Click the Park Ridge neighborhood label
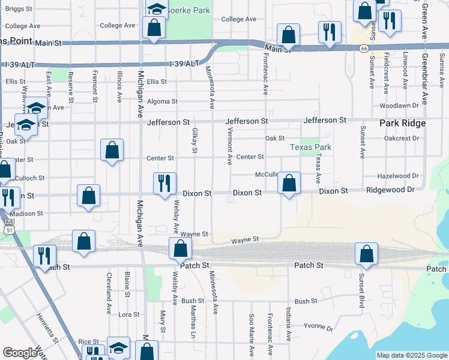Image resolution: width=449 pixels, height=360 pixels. pyautogui.click(x=402, y=123)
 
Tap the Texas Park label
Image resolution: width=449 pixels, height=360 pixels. pyautogui.click(x=310, y=147)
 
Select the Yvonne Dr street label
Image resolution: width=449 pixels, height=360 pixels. pyautogui.click(x=318, y=328)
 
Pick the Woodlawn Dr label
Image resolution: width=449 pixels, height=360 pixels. pyautogui.click(x=399, y=106)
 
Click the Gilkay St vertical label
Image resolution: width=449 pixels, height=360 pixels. pyautogui.click(x=194, y=140)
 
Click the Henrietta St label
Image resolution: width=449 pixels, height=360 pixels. pyautogui.click(x=46, y=326)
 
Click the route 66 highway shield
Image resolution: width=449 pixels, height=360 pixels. pyautogui.click(x=364, y=49)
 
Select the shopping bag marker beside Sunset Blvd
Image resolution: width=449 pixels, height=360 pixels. pyautogui.click(x=366, y=254)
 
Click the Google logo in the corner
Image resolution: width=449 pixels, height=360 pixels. pyautogui.click(x=20, y=353)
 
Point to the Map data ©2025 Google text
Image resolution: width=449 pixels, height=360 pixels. pyautogui.click(x=411, y=355)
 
